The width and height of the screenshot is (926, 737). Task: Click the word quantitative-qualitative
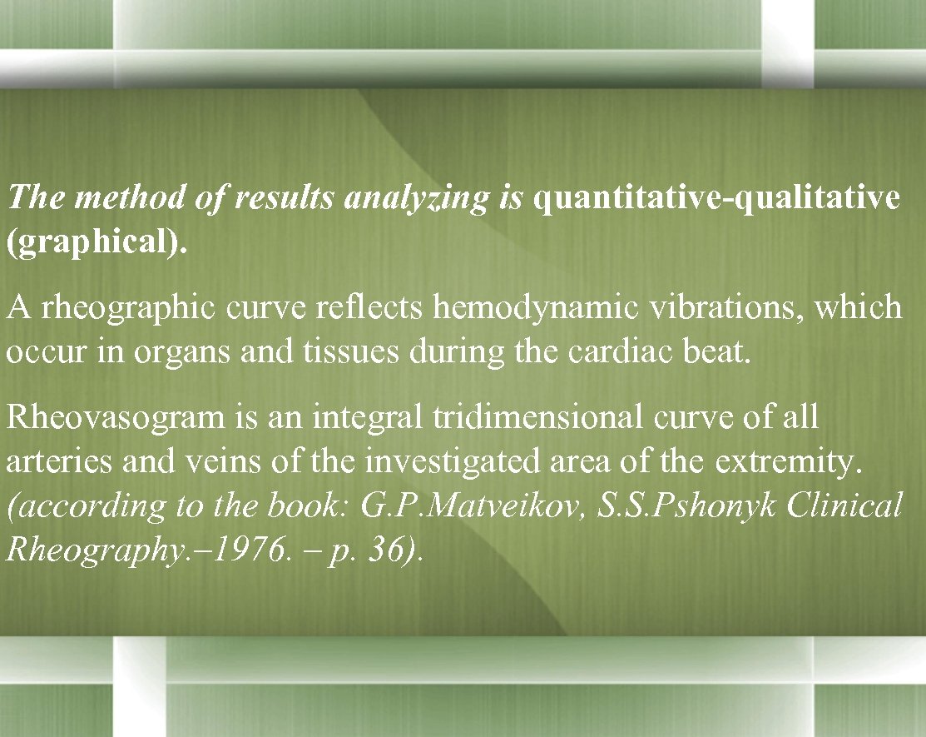716,200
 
